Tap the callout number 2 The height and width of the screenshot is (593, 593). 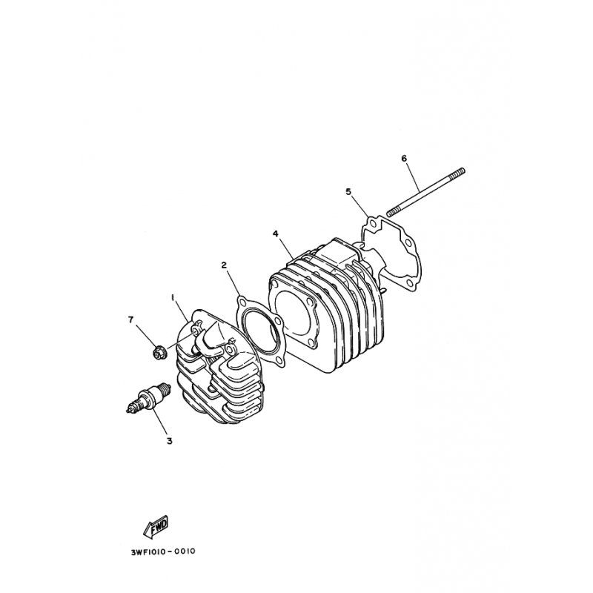(x=225, y=265)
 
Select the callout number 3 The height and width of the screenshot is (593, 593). (x=170, y=440)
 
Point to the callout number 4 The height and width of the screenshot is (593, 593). (x=276, y=233)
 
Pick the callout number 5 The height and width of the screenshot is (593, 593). (x=348, y=191)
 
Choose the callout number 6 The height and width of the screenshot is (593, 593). (x=404, y=158)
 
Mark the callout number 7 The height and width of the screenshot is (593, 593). (x=131, y=320)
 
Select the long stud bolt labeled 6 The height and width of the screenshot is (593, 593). (x=425, y=193)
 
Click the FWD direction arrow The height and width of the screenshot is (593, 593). (x=156, y=527)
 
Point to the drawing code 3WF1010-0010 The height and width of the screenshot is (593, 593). (x=163, y=551)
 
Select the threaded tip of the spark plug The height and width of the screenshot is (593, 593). (x=166, y=388)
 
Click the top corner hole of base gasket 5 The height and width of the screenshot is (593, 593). (x=373, y=225)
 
